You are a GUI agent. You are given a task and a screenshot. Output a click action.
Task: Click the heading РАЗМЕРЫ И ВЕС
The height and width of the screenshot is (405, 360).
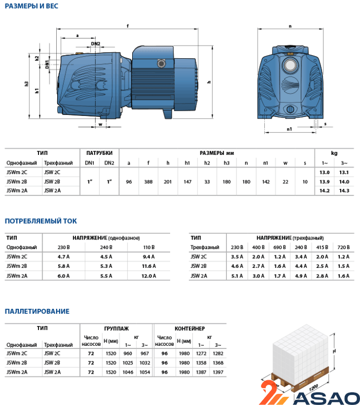(31, 6)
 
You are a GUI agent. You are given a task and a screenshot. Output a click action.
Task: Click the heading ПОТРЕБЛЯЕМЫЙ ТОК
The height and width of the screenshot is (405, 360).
(41, 221)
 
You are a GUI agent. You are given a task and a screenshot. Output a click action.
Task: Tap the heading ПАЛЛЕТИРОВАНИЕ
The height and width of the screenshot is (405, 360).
(37, 311)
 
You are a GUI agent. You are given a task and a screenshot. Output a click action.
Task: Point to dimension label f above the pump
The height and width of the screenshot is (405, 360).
(128, 26)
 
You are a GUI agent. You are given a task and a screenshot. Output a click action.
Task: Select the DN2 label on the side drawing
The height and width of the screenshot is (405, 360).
(96, 44)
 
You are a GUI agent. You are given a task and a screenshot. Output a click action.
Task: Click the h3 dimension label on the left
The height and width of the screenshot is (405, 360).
(26, 84)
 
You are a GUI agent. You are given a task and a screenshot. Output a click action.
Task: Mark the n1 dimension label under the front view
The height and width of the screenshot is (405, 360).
(289, 129)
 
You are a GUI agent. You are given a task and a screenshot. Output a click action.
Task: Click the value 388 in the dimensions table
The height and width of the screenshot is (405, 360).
(148, 182)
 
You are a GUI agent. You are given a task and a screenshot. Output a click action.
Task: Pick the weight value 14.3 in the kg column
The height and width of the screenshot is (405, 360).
(344, 191)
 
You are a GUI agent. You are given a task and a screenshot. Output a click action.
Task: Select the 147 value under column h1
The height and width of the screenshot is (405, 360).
(187, 182)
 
